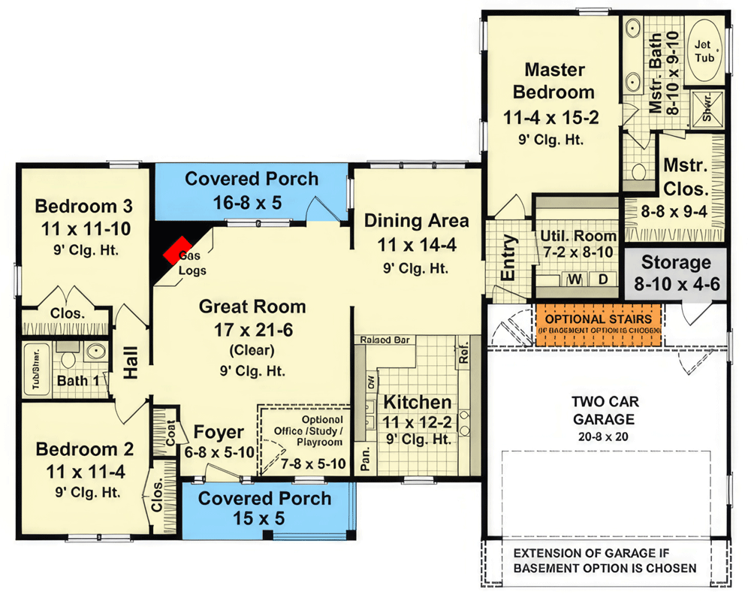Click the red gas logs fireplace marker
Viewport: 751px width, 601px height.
tap(176, 249)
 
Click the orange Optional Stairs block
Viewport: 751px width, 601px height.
tap(598, 324)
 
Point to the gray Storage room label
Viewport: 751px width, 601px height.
tap(675, 263)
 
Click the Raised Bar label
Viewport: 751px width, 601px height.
tap(384, 340)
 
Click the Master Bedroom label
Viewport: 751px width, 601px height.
tap(555, 81)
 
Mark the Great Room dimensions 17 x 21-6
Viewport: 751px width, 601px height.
tap(252, 328)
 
